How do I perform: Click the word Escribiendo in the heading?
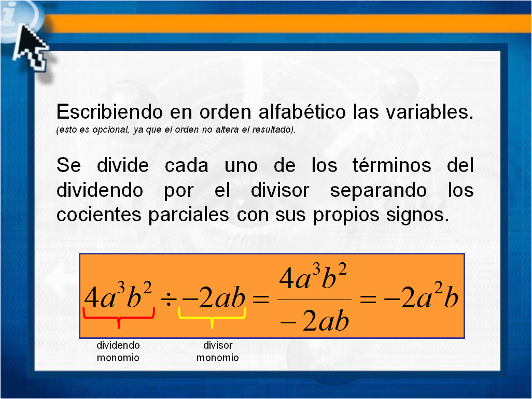(x=109, y=111)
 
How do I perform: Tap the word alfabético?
(x=302, y=111)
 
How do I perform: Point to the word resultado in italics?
(x=273, y=130)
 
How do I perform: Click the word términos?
(x=392, y=165)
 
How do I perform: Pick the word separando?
(x=379, y=190)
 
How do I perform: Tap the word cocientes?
(x=99, y=215)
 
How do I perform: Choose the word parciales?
(x=189, y=215)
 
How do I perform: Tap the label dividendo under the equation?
(x=118, y=345)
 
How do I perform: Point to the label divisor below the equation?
(x=218, y=345)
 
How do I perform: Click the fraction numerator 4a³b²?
(x=313, y=277)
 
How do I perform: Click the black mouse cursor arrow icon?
(x=31, y=48)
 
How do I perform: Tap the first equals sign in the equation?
(x=261, y=300)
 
